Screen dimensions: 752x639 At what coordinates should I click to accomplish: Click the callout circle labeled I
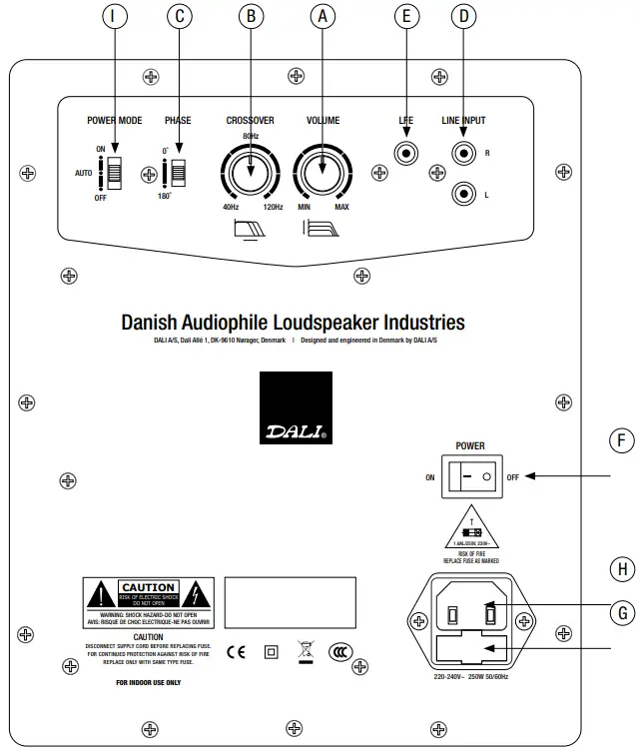[116, 16]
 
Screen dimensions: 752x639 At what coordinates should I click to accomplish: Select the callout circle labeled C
[180, 16]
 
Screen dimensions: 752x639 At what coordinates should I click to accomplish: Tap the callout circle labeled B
[251, 16]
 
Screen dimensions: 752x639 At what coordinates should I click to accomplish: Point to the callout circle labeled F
[621, 440]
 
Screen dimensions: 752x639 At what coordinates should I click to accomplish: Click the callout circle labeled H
[621, 568]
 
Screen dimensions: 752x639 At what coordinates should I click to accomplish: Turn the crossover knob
[251, 175]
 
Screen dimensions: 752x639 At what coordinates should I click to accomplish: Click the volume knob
[321, 175]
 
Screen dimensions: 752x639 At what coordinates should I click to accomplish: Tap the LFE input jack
[406, 154]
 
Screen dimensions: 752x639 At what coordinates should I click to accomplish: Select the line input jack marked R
[464, 154]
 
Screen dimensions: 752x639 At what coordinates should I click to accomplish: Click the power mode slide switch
[116, 171]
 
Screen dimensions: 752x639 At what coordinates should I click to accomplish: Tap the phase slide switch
[180, 171]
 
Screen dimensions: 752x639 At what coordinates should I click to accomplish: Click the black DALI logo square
[296, 408]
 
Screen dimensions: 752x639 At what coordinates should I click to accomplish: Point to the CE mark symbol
[236, 653]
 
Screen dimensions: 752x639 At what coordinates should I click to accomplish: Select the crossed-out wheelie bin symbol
[306, 652]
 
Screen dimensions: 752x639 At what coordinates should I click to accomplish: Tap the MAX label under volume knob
[342, 207]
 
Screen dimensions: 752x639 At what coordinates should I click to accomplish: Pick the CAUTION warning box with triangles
[148, 596]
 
